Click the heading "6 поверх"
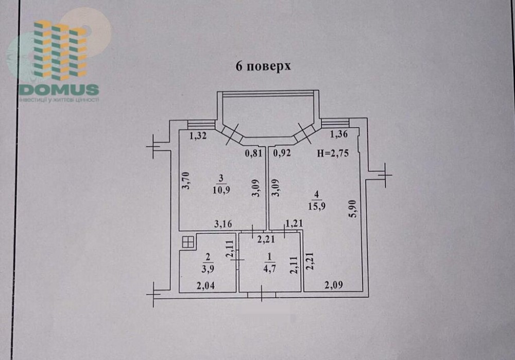pyautogui.click(x=263, y=66)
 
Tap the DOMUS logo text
pyautogui.click(x=59, y=89)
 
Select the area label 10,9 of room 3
pyautogui.click(x=221, y=190)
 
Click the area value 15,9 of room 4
pyautogui.click(x=317, y=207)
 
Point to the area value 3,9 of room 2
pyautogui.click(x=207, y=269)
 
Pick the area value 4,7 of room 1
pyautogui.click(x=270, y=269)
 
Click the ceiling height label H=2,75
pyautogui.click(x=333, y=153)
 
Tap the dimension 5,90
pyautogui.click(x=353, y=209)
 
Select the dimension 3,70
pyautogui.click(x=186, y=180)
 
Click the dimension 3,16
pyautogui.click(x=224, y=224)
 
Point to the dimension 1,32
pyautogui.click(x=198, y=135)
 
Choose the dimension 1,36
pyautogui.click(x=339, y=134)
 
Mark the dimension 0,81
pyautogui.click(x=254, y=153)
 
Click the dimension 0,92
pyautogui.click(x=282, y=153)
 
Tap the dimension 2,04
pyautogui.click(x=206, y=286)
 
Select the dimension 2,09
pyautogui.click(x=334, y=285)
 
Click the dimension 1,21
pyautogui.click(x=294, y=224)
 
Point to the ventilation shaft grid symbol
pyautogui.click(x=188, y=243)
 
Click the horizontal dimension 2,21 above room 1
pyautogui.click(x=266, y=240)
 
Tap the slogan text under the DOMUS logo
pyautogui.click(x=59, y=99)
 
